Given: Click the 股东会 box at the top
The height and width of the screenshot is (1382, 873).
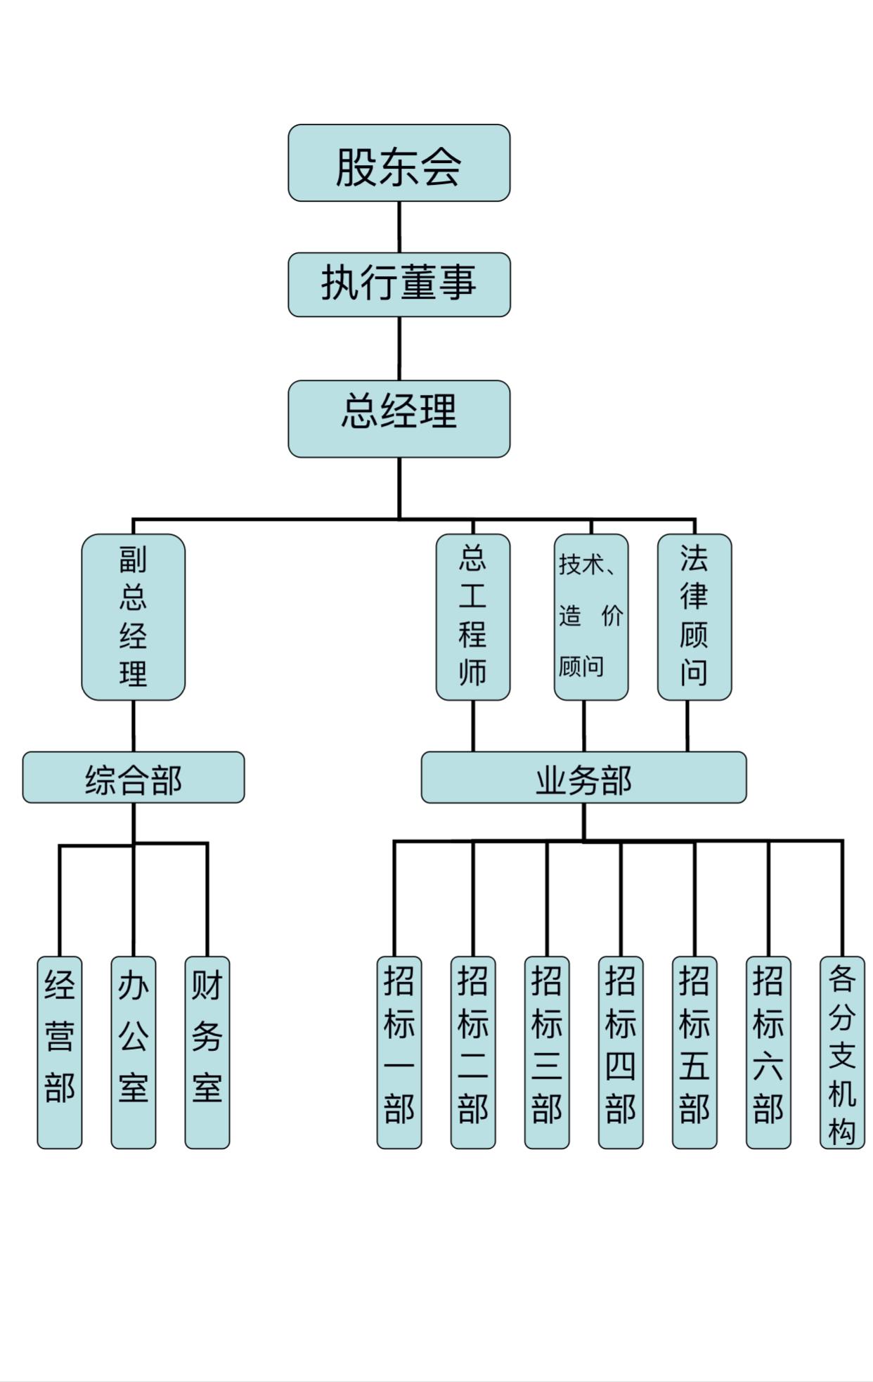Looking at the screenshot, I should pos(399,163).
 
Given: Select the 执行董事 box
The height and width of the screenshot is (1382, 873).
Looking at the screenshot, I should pos(399,284).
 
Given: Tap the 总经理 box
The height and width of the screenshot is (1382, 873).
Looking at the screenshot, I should pos(399,418).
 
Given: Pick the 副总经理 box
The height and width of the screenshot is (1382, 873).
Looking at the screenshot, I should pos(133,616).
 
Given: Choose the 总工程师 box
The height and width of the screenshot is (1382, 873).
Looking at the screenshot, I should pos(472,616).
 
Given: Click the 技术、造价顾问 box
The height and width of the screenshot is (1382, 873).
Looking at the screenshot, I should pos(590,616).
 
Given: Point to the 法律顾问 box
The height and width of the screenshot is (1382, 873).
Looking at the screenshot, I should pos(694,616).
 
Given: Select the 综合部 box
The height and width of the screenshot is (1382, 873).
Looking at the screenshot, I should pos(133,777).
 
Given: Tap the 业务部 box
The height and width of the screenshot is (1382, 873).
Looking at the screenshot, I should pos(583,777).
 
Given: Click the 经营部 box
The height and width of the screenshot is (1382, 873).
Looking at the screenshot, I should pos(59,1052).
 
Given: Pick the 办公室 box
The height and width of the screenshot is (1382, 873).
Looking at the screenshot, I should pos(133,1052).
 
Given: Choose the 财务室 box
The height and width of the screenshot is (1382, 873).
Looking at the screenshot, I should pos(207,1052).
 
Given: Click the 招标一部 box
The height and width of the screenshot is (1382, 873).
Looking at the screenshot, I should pos(399,1052).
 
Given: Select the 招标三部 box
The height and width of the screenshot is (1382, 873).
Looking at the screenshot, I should pos(546,1052).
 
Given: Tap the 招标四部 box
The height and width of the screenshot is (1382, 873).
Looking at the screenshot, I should pos(620,1052).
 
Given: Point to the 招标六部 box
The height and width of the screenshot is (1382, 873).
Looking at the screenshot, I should pos(768,1052).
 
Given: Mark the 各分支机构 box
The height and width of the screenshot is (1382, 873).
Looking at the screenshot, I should pos(841,1052).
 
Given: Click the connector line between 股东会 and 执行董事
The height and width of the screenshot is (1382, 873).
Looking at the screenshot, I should pos(399,227).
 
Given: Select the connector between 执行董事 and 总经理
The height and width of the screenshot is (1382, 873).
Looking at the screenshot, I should pos(399,349).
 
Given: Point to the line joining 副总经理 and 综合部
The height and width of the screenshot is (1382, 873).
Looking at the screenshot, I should pos(133,725).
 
